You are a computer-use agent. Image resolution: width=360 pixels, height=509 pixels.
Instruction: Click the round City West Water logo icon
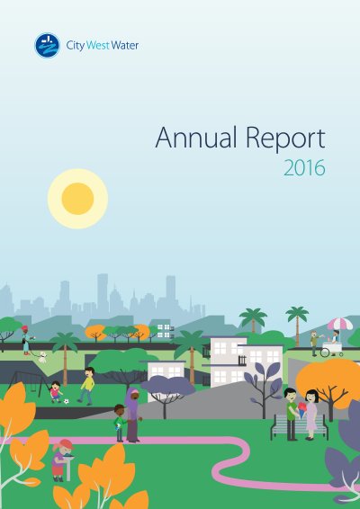(48, 45)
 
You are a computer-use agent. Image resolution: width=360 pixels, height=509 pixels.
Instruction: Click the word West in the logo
(98, 45)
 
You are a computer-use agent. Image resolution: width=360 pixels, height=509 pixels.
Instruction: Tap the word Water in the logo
(125, 45)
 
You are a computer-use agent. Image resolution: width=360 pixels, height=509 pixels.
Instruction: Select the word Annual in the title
(196, 138)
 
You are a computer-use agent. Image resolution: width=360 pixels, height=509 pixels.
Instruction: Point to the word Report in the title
(285, 138)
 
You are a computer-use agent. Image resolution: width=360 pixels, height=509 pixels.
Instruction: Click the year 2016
(304, 167)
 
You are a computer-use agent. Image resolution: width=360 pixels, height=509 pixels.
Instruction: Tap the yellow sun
(77, 199)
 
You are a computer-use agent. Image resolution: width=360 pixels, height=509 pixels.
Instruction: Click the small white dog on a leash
(42, 357)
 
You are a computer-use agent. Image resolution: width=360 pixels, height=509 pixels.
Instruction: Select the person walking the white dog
(26, 341)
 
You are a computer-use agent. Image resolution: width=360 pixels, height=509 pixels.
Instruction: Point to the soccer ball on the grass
(67, 401)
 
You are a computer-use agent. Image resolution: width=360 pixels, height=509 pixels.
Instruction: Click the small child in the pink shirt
(56, 392)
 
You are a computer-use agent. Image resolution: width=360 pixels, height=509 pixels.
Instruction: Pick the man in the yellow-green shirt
(86, 386)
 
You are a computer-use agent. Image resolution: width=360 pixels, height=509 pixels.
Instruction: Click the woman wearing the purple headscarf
(133, 415)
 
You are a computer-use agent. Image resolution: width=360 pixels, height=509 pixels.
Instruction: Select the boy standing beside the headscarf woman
(120, 423)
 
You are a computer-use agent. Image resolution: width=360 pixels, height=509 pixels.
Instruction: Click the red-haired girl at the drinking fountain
(62, 460)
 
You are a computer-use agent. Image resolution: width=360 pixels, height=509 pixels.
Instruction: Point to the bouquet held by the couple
(302, 410)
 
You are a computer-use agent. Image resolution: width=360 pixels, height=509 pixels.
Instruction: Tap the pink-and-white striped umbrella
(340, 324)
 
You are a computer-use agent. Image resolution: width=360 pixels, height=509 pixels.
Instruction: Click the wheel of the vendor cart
(326, 352)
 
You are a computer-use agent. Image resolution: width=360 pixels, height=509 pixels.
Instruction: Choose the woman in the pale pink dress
(310, 415)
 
